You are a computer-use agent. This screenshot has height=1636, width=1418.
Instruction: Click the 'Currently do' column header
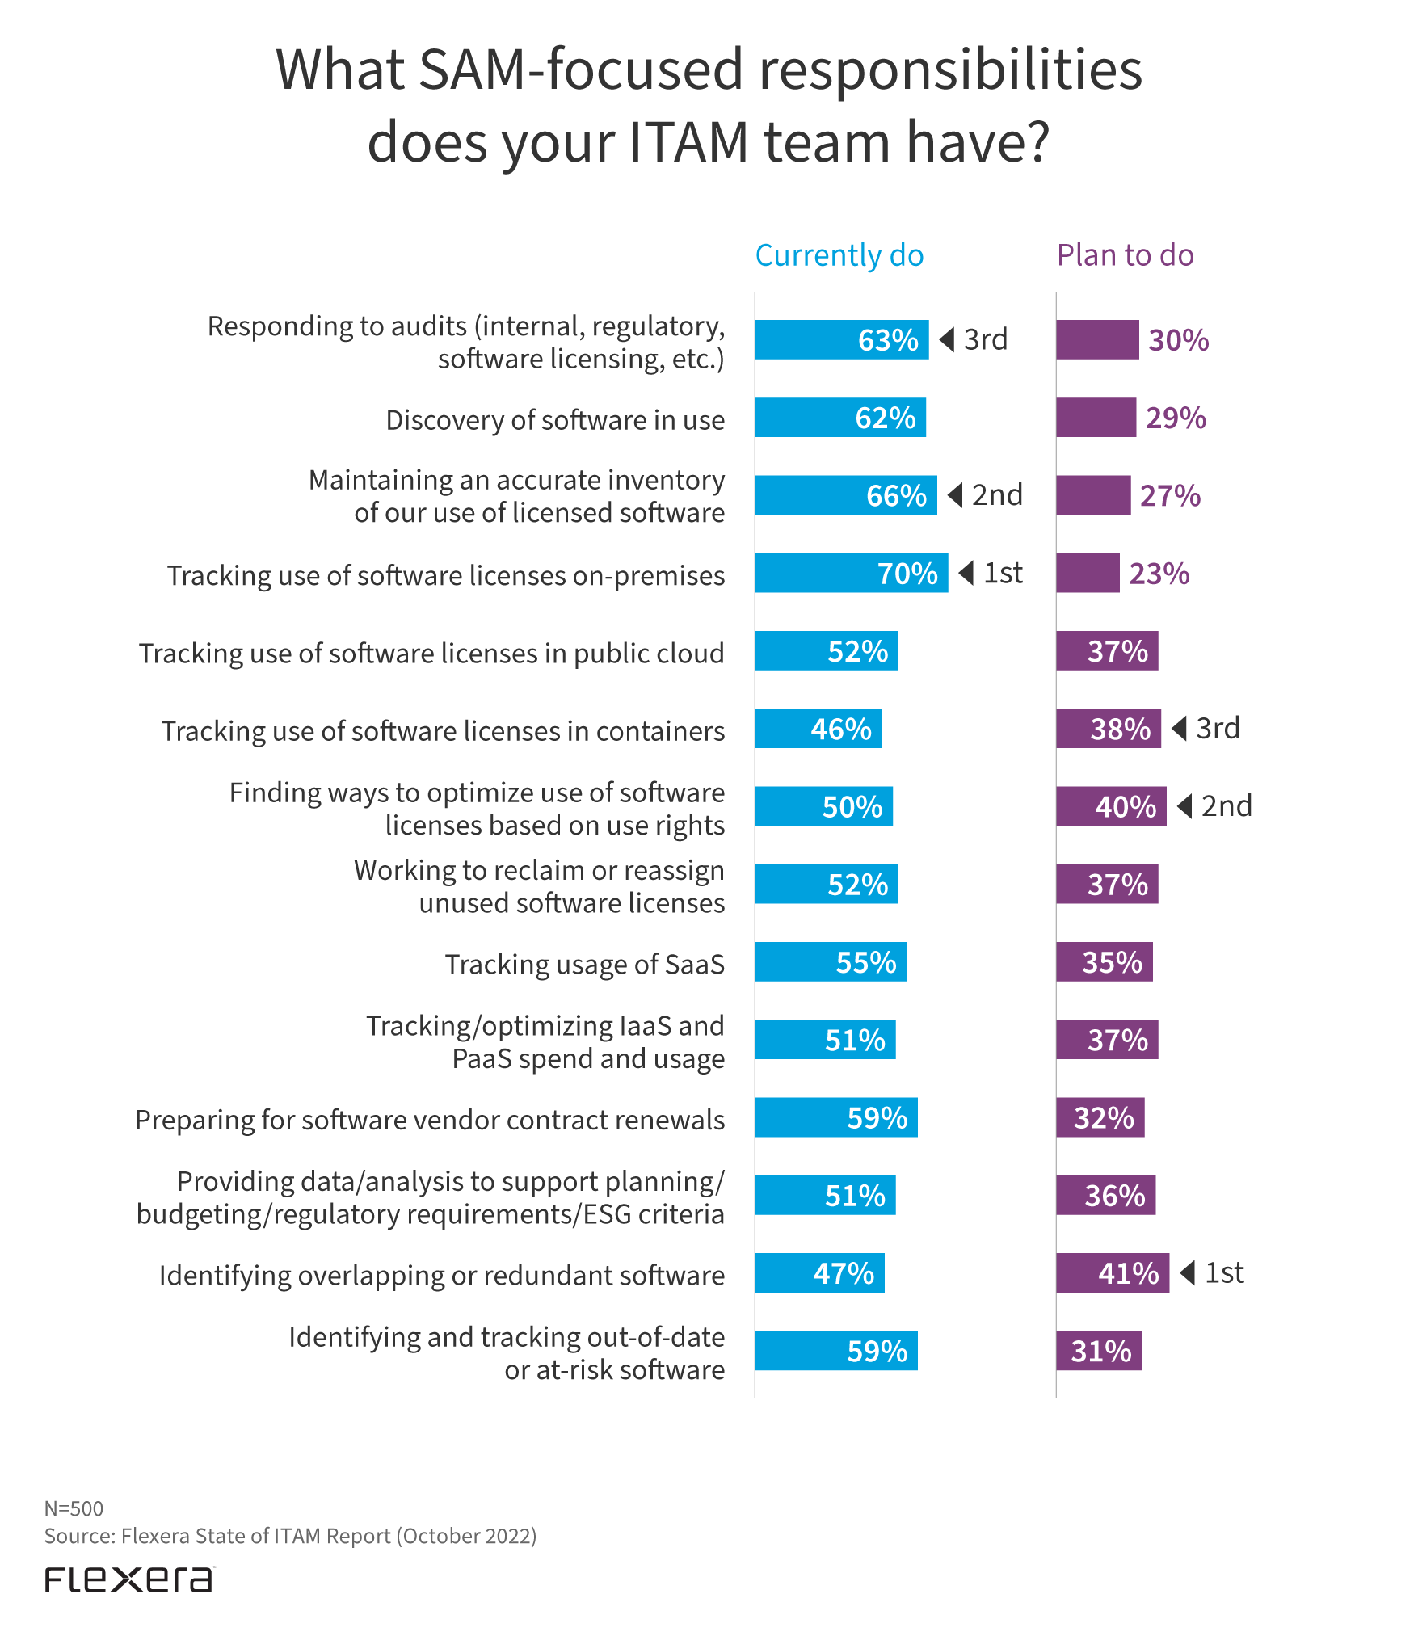point(839,255)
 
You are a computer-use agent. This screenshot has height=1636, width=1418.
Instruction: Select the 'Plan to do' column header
point(1125,255)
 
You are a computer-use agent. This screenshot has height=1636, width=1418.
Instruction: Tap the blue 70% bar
point(851,573)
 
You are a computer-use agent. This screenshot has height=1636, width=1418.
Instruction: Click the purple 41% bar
point(1112,1272)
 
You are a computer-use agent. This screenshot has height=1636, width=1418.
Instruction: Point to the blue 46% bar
point(818,729)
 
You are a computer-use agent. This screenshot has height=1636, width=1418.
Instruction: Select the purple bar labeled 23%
point(1088,573)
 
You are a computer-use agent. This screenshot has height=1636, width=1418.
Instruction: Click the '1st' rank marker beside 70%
point(992,573)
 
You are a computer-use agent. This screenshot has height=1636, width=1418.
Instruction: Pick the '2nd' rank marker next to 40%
point(1216,806)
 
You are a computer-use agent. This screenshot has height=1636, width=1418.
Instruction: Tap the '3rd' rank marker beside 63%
point(975,339)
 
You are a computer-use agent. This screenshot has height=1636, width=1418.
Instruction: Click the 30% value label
point(1178,340)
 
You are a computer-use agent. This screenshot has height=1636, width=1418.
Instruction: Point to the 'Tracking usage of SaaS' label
point(584,964)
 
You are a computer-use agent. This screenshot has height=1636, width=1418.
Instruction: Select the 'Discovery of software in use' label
point(555,420)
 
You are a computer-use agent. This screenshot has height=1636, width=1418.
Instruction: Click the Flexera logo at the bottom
point(129,1579)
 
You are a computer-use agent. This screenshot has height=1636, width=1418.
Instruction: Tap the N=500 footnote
point(74,1508)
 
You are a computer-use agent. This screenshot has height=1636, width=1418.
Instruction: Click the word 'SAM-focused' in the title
point(581,69)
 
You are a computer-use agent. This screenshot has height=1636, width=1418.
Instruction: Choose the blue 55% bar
point(830,961)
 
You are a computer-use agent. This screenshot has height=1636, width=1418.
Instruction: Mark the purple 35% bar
point(1104,961)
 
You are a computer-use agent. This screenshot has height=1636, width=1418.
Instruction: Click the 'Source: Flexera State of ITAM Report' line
point(290,1536)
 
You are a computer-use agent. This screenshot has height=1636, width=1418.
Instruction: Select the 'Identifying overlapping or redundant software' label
point(441,1275)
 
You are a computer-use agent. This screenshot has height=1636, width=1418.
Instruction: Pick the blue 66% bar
point(845,495)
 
